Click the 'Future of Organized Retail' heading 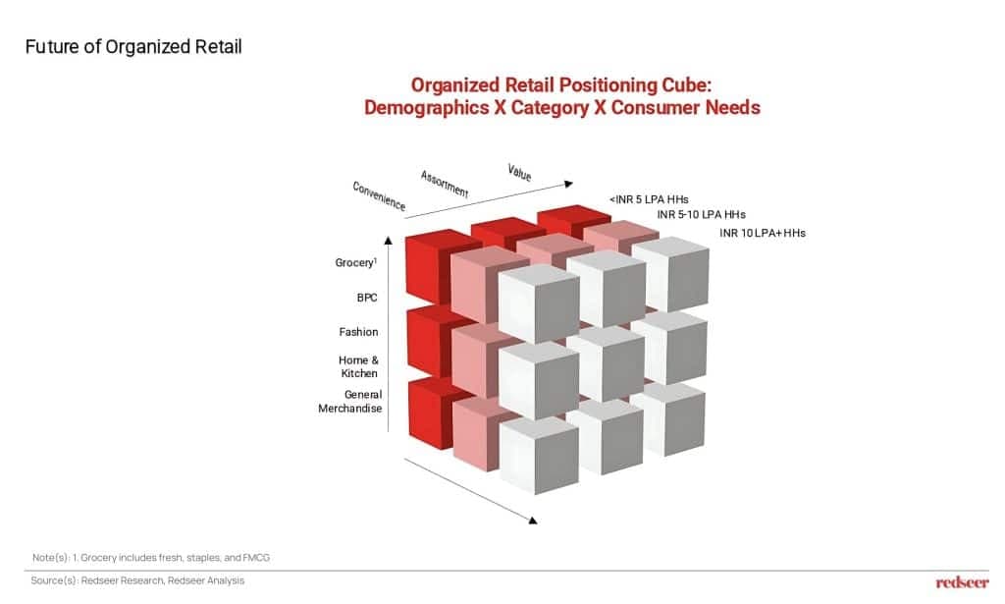133,47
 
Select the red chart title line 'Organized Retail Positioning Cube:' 561,85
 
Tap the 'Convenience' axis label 379,195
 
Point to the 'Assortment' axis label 445,184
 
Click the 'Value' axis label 519,172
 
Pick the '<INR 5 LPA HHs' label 649,199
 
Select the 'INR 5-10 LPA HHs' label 701,215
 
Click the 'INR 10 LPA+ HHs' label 762,233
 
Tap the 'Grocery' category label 355,263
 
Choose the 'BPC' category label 367,298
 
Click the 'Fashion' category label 358,332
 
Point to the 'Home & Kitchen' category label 359,366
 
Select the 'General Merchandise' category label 350,402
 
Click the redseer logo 962,582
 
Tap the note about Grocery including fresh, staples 151,557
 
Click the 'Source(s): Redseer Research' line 137,580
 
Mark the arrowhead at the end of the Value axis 568,184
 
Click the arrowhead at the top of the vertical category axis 388,241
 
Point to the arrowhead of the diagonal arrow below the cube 533,520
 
